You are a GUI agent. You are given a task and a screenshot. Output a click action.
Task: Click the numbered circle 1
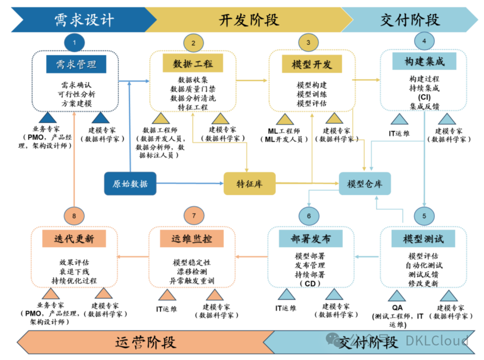click(x=74, y=43)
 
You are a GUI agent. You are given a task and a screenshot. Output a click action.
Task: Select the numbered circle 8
click(x=74, y=216)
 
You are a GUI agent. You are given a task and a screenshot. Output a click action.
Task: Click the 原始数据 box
click(x=130, y=184)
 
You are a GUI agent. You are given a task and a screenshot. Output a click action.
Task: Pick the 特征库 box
click(x=249, y=184)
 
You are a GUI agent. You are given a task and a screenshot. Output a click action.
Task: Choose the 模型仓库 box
click(x=365, y=184)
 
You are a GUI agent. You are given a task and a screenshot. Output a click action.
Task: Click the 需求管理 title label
click(x=76, y=64)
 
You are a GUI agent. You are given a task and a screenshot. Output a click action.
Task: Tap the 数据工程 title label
click(x=194, y=63)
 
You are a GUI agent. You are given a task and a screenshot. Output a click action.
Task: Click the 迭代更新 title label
click(x=74, y=238)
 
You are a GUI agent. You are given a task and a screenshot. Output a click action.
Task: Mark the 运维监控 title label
click(x=191, y=238)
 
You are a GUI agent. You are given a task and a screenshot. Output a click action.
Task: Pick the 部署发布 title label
click(x=311, y=238)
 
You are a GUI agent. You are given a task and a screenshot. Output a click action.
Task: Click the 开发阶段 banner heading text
click(x=249, y=20)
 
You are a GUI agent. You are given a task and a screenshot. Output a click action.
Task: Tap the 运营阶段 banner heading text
click(x=146, y=342)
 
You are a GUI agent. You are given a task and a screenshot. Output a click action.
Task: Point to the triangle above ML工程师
click(x=285, y=119)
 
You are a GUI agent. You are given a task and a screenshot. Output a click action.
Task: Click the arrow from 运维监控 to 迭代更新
click(x=133, y=257)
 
